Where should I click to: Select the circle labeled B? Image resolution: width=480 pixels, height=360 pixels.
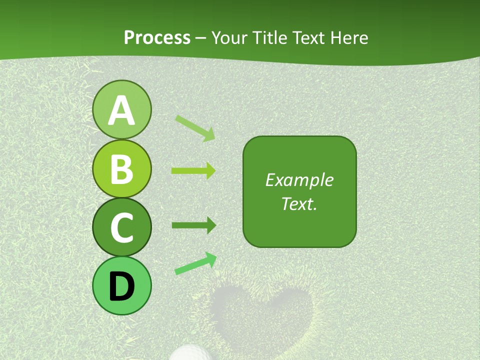tap(122, 168)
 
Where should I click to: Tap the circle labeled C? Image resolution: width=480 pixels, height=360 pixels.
tap(122, 227)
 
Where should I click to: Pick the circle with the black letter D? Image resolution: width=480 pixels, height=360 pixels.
tap(122, 285)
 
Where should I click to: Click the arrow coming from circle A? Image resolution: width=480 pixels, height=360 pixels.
tap(195, 128)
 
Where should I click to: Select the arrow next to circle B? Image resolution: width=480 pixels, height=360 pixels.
tap(193, 171)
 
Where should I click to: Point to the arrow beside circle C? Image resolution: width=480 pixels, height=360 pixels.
tap(194, 225)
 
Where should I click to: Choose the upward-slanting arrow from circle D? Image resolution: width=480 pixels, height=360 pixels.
tap(195, 263)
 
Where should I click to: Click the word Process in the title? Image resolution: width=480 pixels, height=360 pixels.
tap(157, 37)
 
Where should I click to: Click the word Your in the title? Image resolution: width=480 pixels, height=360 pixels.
tap(229, 37)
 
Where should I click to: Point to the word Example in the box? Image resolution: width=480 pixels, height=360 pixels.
tap(299, 180)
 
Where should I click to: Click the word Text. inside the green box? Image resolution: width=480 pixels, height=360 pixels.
tap(299, 204)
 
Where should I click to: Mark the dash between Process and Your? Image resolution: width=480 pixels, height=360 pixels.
tap(201, 38)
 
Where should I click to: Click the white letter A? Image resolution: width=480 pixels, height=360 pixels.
tap(122, 110)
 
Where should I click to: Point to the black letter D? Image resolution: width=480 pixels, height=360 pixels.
tap(122, 286)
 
